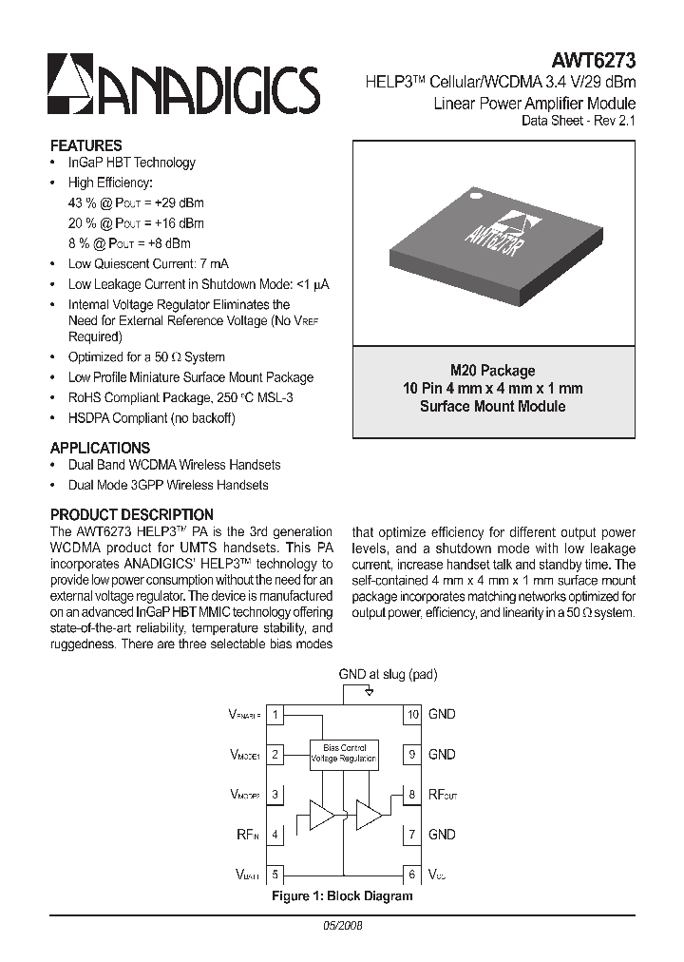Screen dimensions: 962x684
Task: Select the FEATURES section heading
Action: (x=85, y=146)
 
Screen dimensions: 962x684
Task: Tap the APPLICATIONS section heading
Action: (x=100, y=448)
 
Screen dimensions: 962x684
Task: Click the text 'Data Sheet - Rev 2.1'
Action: (x=579, y=121)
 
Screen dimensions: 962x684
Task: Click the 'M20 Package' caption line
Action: (x=492, y=371)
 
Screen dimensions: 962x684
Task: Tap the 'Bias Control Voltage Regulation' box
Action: (x=344, y=755)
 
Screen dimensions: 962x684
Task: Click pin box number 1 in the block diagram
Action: (x=275, y=714)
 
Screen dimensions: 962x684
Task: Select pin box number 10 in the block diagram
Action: (x=412, y=714)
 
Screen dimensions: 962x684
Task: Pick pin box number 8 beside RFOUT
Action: (x=412, y=794)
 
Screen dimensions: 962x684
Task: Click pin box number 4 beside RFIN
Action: (x=275, y=835)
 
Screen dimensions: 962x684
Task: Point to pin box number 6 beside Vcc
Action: (x=412, y=875)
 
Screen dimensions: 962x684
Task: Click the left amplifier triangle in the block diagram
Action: (x=322, y=816)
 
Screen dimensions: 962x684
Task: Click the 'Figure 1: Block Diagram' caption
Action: (x=342, y=896)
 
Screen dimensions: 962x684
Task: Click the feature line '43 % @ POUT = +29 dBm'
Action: (x=136, y=203)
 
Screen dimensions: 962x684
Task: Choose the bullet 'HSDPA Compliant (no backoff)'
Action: (x=151, y=418)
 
